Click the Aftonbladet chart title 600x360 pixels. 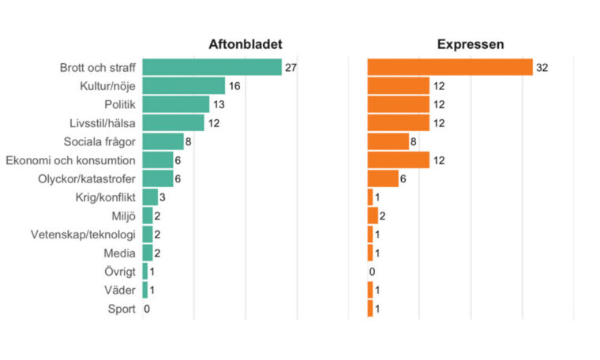[x=246, y=44]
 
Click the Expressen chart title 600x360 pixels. [x=471, y=44]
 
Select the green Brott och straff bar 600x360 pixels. [x=212, y=67]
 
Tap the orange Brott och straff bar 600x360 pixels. [x=450, y=67]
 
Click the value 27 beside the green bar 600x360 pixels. [x=291, y=68]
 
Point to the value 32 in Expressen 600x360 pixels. [x=542, y=68]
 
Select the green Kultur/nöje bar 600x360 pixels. [x=184, y=86]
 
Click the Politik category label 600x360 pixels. [x=120, y=104]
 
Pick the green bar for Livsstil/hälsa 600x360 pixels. [x=174, y=123]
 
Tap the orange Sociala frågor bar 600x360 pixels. [x=388, y=141]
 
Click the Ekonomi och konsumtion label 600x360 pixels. [x=70, y=160]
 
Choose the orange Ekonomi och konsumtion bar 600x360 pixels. [x=399, y=160]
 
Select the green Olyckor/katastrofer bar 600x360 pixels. [x=158, y=178]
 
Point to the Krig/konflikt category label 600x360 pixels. [x=105, y=197]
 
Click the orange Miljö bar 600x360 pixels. [x=373, y=216]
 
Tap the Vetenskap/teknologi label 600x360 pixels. [x=83, y=234]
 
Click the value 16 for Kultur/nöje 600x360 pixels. [x=234, y=86]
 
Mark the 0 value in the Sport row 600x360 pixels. [x=147, y=309]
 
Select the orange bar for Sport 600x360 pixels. [x=370, y=309]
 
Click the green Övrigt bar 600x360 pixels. [x=145, y=272]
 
